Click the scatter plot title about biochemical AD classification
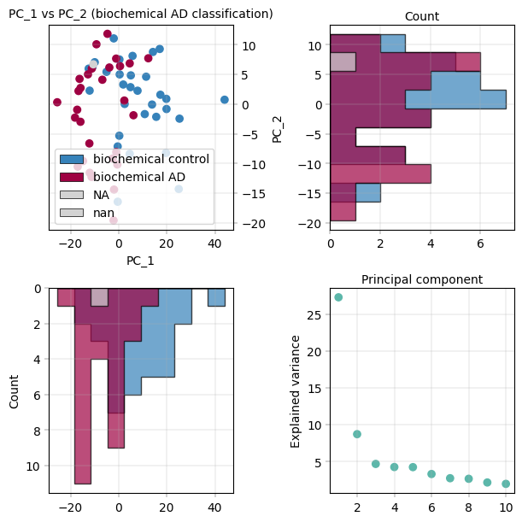point(141,15)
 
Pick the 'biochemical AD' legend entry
point(139,177)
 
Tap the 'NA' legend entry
point(101,195)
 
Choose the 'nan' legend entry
point(103,212)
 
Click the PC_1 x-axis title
point(140,260)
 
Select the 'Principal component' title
point(422,279)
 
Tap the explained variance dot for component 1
point(338,297)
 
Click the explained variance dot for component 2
point(357,434)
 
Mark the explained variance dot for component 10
point(506,484)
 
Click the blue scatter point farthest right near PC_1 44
point(225,100)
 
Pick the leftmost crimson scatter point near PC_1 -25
point(57,103)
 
